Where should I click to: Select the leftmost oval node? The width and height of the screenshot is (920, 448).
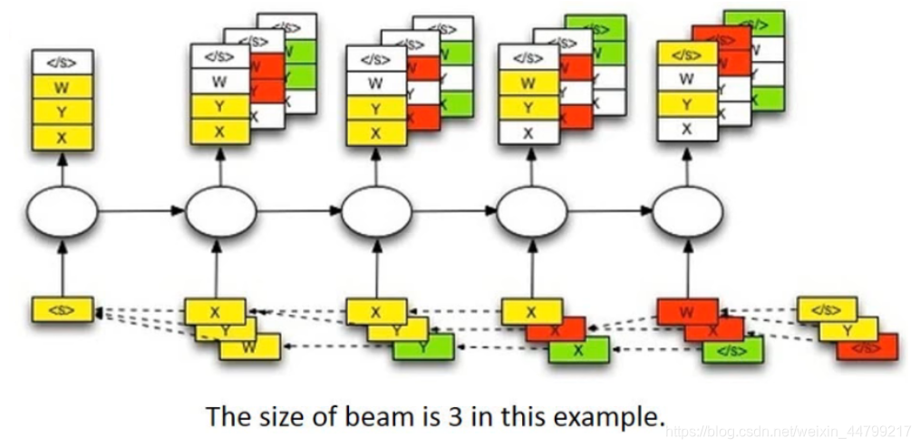[62, 211]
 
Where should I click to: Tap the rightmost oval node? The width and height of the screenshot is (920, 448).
[688, 211]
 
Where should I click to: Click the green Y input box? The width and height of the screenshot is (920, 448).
[425, 346]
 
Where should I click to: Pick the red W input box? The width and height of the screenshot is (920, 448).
[687, 313]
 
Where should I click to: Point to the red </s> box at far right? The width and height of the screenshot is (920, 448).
[867, 346]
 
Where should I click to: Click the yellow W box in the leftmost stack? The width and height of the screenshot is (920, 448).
[62, 88]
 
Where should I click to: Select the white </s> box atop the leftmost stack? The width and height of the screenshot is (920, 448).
[62, 63]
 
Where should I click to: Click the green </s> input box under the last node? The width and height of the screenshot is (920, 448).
[733, 350]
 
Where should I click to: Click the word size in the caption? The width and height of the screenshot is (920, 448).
[257, 417]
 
